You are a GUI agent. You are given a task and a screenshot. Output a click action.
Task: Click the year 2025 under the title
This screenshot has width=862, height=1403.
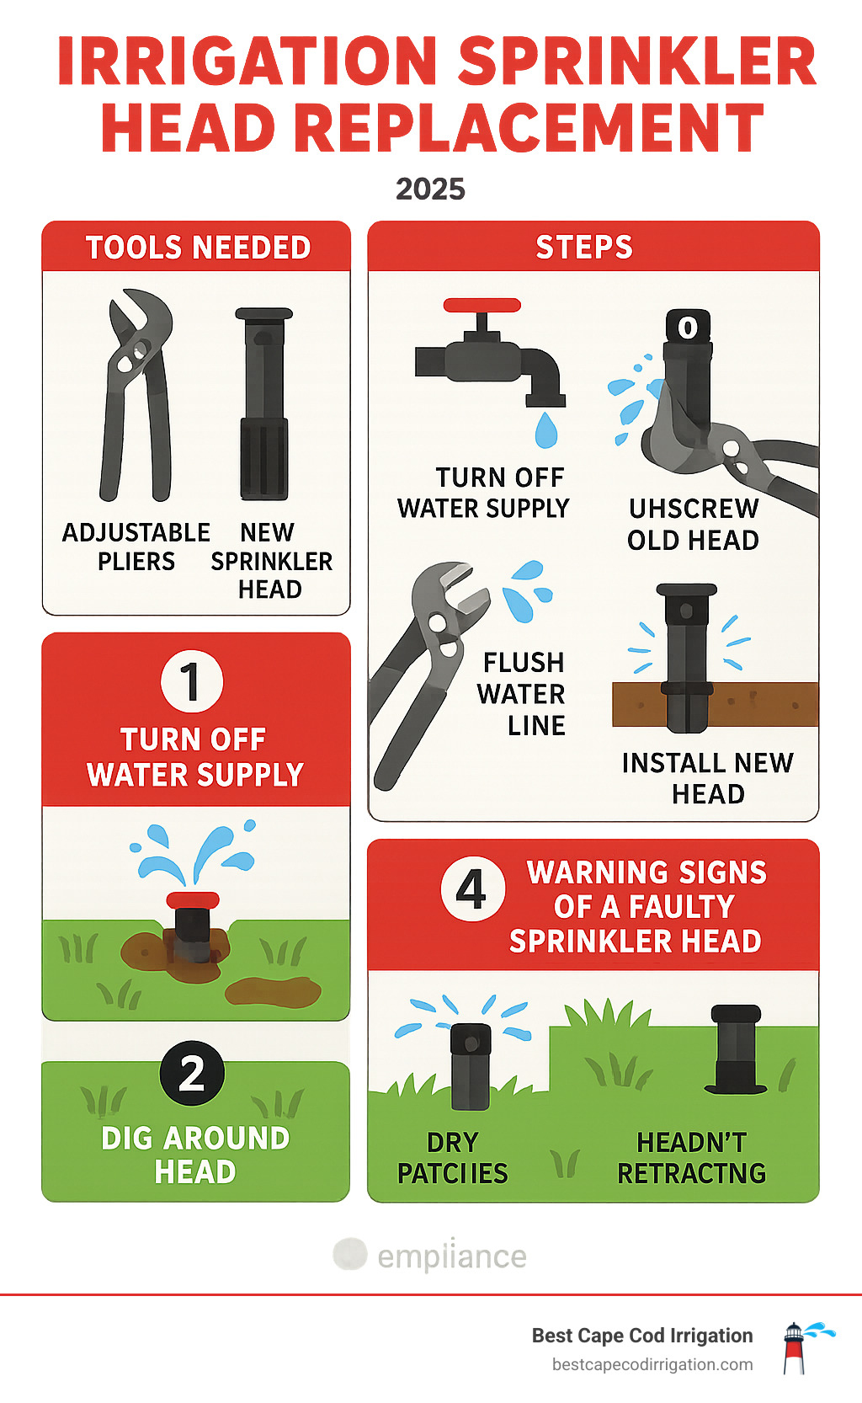click(x=430, y=189)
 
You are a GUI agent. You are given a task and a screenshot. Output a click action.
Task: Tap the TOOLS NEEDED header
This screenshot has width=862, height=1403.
click(x=198, y=248)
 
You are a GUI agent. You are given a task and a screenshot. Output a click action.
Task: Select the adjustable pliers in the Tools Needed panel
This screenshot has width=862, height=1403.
click(x=136, y=396)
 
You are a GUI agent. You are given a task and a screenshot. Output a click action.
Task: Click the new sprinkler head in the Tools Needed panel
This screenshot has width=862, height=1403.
click(x=264, y=404)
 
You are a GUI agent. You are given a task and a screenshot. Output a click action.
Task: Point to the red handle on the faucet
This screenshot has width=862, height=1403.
click(x=482, y=305)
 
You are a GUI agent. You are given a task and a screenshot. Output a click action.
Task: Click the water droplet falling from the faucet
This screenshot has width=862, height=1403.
click(x=546, y=430)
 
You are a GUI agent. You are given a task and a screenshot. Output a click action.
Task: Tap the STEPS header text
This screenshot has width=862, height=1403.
click(x=584, y=248)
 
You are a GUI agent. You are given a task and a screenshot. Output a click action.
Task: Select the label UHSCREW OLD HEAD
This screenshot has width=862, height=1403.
click(x=693, y=524)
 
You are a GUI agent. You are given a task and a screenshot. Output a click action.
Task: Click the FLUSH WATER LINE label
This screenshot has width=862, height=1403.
click(x=522, y=694)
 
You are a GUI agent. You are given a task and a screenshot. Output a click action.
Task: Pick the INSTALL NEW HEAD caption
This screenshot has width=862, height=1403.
click(x=707, y=778)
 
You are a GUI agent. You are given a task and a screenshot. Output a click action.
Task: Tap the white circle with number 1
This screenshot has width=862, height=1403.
click(x=192, y=681)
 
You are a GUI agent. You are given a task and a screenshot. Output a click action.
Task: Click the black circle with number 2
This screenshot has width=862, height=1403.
click(x=192, y=1073)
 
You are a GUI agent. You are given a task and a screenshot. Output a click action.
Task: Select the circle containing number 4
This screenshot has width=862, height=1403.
click(x=473, y=889)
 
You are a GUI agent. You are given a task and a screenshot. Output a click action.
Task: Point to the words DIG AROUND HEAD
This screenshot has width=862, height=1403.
click(x=195, y=1155)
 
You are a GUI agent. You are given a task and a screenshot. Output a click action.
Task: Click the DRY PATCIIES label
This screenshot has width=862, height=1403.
click(x=453, y=1158)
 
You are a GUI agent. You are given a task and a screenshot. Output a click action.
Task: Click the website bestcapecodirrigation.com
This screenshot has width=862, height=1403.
click(x=652, y=1364)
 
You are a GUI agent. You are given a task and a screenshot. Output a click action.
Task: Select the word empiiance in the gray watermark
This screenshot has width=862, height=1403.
click(x=451, y=1256)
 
